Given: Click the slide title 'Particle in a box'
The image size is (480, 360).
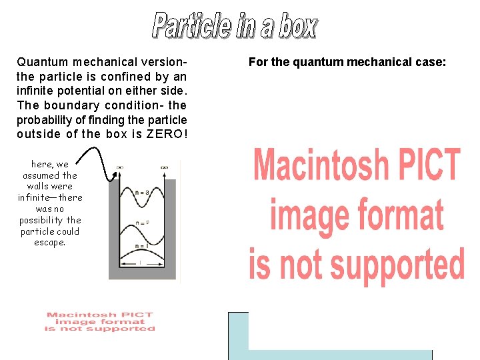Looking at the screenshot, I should coord(235,25).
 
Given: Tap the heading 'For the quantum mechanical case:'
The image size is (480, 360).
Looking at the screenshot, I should coord(347,62).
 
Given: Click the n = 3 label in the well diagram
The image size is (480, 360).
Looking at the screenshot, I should coord(141,193).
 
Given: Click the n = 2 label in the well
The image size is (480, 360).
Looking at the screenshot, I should coord(141,223).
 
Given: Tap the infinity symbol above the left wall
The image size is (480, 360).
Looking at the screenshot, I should coord(120,167).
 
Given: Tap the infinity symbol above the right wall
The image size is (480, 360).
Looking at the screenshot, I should coord(163,167).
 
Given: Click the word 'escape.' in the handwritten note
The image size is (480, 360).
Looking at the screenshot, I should coord(50,243).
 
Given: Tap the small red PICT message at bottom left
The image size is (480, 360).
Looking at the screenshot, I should coord(100,321).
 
